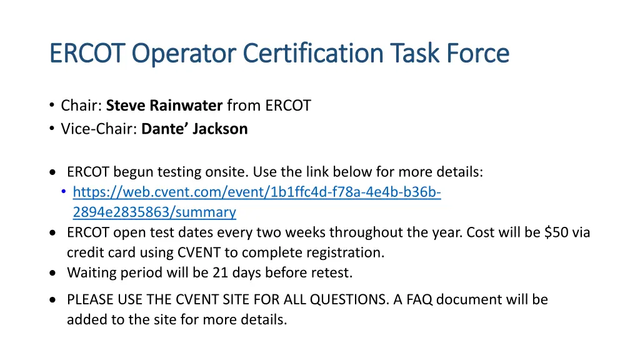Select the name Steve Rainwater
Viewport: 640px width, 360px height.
(164, 106)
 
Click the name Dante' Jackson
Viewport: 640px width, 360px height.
(194, 129)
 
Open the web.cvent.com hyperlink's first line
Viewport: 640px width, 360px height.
(257, 192)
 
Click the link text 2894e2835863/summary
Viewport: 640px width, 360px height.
(154, 212)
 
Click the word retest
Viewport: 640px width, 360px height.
(332, 272)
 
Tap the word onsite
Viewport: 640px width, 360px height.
(241, 172)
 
